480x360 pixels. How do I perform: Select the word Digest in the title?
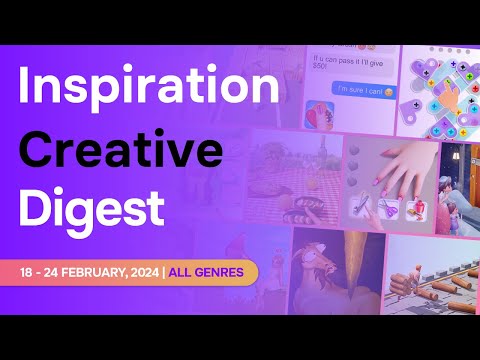pyautogui.click(x=91, y=208)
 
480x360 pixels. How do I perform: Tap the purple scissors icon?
pyautogui.click(x=362, y=206)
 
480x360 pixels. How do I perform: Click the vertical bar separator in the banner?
pyautogui.click(x=163, y=271)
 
